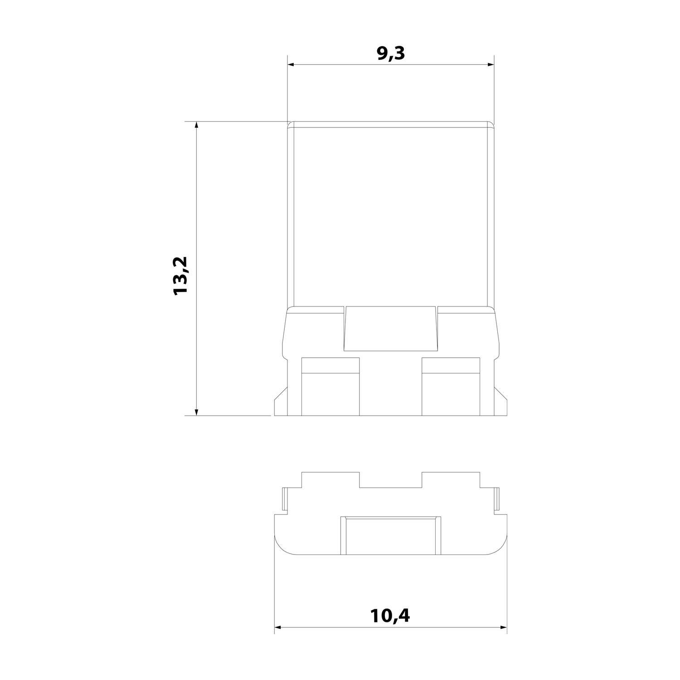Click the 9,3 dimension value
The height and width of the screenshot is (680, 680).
[x=390, y=53]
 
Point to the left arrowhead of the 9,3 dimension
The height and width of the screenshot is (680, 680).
[x=291, y=65]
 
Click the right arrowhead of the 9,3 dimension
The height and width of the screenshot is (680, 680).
[x=490, y=65]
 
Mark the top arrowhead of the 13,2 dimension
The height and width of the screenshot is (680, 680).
[x=196, y=126]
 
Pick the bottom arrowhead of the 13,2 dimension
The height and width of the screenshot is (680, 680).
[x=196, y=411]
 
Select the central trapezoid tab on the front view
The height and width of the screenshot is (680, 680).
[x=391, y=329]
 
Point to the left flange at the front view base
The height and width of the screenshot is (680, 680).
[x=280, y=403]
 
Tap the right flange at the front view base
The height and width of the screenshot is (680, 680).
[x=500, y=403]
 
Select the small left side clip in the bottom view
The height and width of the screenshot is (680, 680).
[x=284, y=499]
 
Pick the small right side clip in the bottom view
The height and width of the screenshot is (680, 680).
[x=497, y=499]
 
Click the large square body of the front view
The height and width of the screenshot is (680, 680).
[x=391, y=213]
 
